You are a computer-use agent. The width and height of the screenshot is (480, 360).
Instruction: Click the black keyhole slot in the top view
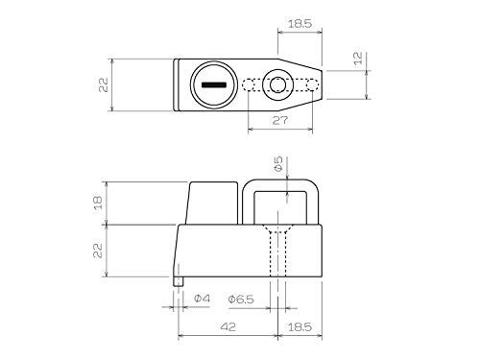(x=214, y=84)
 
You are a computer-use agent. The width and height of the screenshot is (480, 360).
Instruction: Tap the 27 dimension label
(x=280, y=120)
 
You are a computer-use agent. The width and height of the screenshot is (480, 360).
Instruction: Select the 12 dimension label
(x=358, y=58)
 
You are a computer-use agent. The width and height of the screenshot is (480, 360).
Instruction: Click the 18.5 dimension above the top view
(x=300, y=24)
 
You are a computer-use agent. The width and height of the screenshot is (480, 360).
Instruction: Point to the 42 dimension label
(x=228, y=326)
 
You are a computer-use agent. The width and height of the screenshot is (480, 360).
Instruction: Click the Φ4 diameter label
(x=202, y=299)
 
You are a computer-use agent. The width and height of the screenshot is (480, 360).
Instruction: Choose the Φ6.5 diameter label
(x=241, y=300)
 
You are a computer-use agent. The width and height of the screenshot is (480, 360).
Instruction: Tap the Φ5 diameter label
(x=279, y=163)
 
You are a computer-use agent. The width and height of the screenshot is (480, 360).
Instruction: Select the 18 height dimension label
(x=98, y=203)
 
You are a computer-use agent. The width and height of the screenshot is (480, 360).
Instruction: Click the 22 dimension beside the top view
(x=104, y=85)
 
